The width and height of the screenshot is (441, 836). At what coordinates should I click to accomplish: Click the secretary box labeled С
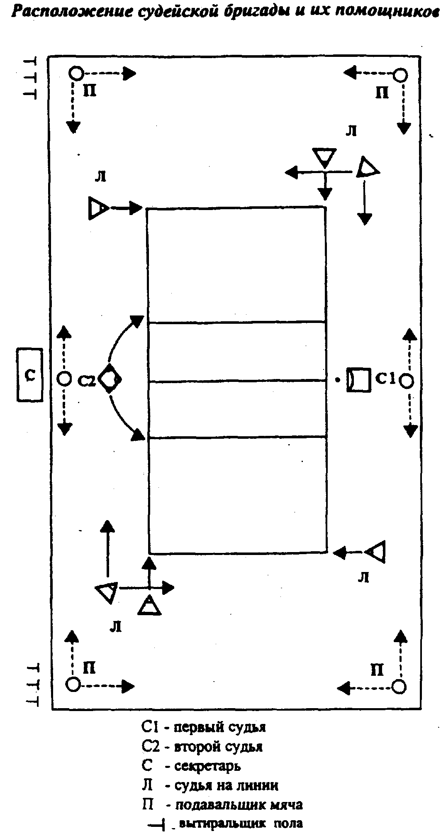pos(30,375)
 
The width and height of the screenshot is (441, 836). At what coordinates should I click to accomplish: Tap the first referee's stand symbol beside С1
pos(359,379)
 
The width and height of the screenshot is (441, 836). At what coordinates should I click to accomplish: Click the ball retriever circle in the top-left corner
pos(76,74)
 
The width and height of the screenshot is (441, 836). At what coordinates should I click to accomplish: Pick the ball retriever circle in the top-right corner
pos(400,75)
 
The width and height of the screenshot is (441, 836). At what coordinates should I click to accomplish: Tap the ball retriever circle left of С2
pos(63,379)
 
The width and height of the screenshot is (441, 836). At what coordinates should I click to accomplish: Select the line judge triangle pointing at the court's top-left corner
pos(98,208)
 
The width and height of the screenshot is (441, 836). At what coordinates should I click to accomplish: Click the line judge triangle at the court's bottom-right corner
pos(378,552)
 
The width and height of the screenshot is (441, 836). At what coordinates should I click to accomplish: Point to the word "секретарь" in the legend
pos(208,765)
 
